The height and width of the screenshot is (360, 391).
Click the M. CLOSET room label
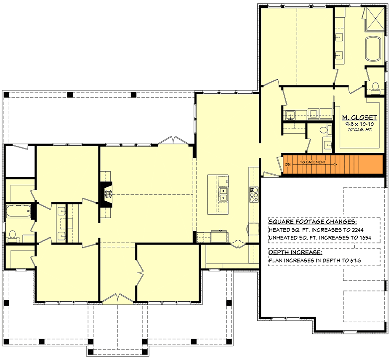point(359,117)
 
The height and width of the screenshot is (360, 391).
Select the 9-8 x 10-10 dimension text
point(359,125)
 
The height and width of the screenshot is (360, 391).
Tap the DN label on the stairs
point(288,163)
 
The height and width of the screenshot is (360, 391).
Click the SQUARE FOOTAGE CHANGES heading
point(312,221)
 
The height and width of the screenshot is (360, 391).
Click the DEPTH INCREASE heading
point(295,253)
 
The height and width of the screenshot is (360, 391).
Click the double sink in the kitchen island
point(223,195)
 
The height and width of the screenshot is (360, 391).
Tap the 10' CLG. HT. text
point(359,131)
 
